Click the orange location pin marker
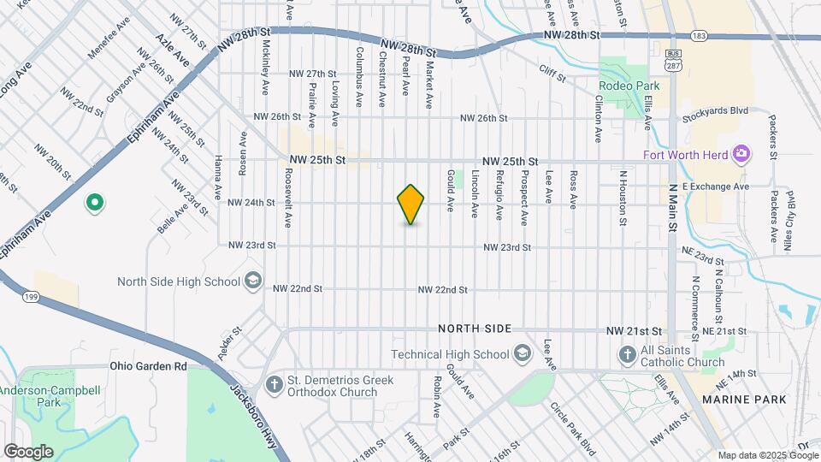click(x=411, y=204)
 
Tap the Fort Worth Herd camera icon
click(x=741, y=154)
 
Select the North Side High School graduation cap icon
click(x=252, y=281)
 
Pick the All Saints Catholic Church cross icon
click(x=627, y=354)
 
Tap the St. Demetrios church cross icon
click(x=275, y=385)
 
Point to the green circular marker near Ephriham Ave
click(x=95, y=203)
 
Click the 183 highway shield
click(x=700, y=36)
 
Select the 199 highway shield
click(x=31, y=296)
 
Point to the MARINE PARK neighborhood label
click(x=743, y=400)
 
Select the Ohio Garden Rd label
click(x=148, y=366)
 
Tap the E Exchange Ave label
click(x=717, y=186)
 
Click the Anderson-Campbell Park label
click(x=50, y=395)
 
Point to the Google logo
click(x=28, y=451)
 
